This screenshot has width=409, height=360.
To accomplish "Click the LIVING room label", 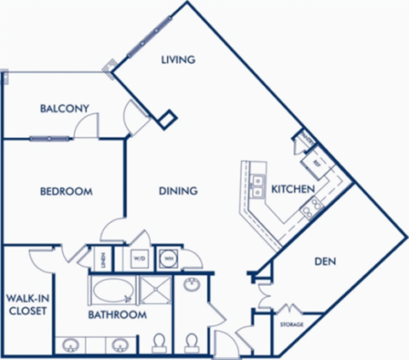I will pyautogui.click(x=179, y=60).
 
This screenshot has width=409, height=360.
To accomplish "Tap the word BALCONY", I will pyautogui.click(x=66, y=108).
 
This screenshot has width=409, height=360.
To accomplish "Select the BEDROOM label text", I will pyautogui.click(x=66, y=191).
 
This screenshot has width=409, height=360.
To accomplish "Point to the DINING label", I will pyautogui.click(x=178, y=191).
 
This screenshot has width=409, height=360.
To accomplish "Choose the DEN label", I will pyautogui.click(x=323, y=262).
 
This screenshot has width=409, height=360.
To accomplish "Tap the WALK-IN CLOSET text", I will pyautogui.click(x=26, y=304).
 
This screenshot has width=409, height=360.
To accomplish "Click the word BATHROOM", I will pyautogui.click(x=117, y=315).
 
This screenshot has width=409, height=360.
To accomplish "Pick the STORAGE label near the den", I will pyautogui.click(x=292, y=324).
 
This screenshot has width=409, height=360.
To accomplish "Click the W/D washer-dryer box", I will pyautogui.click(x=139, y=257).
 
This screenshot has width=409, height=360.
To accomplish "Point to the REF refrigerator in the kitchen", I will pyautogui.click(x=316, y=161).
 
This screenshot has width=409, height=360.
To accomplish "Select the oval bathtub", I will pyautogui.click(x=112, y=291).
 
